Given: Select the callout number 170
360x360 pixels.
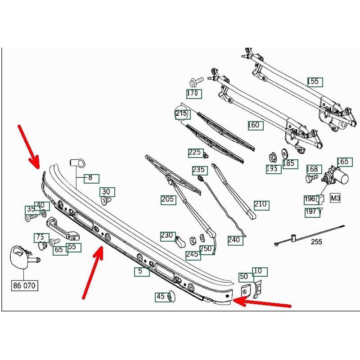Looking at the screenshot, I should coord(194,94).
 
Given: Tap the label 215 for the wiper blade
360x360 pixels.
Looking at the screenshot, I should coord(181,114).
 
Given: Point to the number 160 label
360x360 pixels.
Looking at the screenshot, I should coord(254,125).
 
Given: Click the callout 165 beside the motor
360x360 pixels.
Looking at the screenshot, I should coord(343,162).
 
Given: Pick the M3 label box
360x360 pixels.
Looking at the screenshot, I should coord(336,198).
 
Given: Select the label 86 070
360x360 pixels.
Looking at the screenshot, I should coord(25,285).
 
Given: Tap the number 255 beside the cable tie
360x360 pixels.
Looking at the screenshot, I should coord(317,242).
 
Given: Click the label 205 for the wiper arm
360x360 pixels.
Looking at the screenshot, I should coord(168,199).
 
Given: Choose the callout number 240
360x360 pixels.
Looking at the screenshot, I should coord(234,240).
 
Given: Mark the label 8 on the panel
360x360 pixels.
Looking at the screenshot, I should coord(90,178).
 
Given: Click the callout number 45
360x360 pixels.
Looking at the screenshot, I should coord(161,297).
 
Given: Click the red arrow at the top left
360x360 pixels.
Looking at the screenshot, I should coord(28,146).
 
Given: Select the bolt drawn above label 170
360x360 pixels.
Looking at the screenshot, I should coord(193,83).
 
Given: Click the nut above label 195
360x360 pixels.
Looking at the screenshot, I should coord(272,157).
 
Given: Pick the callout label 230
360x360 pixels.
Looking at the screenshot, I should coord(167,235).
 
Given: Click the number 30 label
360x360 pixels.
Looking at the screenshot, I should coord(107,192).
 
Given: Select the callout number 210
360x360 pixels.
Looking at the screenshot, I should coord(261,205).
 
